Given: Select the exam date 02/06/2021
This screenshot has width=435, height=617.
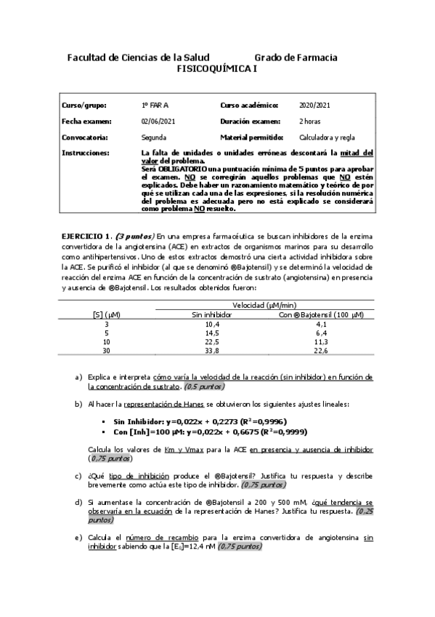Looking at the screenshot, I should pos(158,121).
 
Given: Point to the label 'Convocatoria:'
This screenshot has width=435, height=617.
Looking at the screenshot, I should pos(86,137).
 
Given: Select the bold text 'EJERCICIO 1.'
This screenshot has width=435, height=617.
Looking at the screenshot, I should pos(85,235).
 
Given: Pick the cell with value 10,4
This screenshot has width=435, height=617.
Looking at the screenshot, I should pos(212,324).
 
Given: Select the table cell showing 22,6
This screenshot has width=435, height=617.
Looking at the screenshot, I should pos(322,350).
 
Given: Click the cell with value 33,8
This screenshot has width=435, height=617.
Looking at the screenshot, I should pos(212,350).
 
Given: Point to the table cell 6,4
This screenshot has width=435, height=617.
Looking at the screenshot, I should pos(322,333).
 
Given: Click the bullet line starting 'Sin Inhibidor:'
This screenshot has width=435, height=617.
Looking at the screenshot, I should pos(196,421).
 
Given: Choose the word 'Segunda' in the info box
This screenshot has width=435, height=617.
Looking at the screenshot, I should pos(155,137).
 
